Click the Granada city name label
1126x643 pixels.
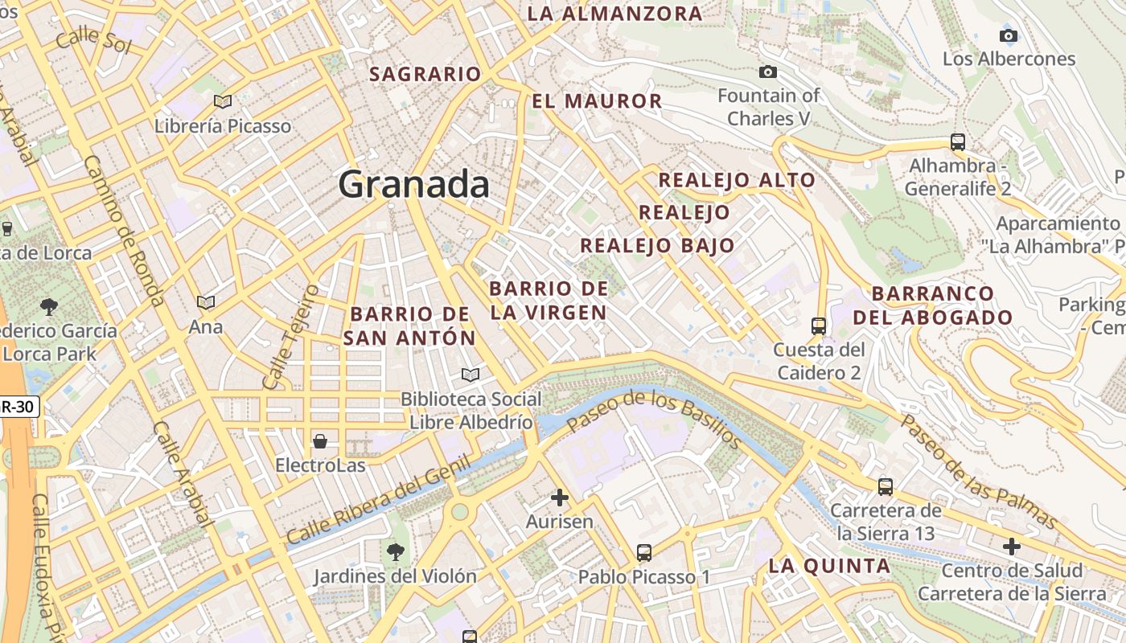pos(413,184)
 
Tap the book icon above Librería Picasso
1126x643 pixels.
pos(223,101)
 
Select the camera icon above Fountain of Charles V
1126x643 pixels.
pos(768,72)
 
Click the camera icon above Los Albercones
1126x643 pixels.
pos(1008,35)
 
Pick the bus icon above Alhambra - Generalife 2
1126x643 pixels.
pos(957,142)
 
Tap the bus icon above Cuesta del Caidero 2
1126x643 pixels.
pos(819,326)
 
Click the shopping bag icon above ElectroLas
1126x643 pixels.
pos(320,441)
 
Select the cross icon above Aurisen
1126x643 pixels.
pos(560,498)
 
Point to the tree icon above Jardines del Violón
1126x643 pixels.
pos(395,551)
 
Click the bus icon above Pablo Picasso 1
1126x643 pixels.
pos(643,553)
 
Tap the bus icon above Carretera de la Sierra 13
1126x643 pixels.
pos(886,486)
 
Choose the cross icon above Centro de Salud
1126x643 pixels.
pos(1012,547)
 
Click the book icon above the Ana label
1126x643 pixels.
pos(206,302)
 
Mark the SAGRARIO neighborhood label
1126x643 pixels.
pos(425,74)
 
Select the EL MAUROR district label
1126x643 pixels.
pos(597,101)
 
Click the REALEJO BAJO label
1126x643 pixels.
pos(657,245)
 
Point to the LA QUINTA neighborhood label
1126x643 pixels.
pos(829,566)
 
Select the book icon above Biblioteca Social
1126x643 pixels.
pos(471,375)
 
